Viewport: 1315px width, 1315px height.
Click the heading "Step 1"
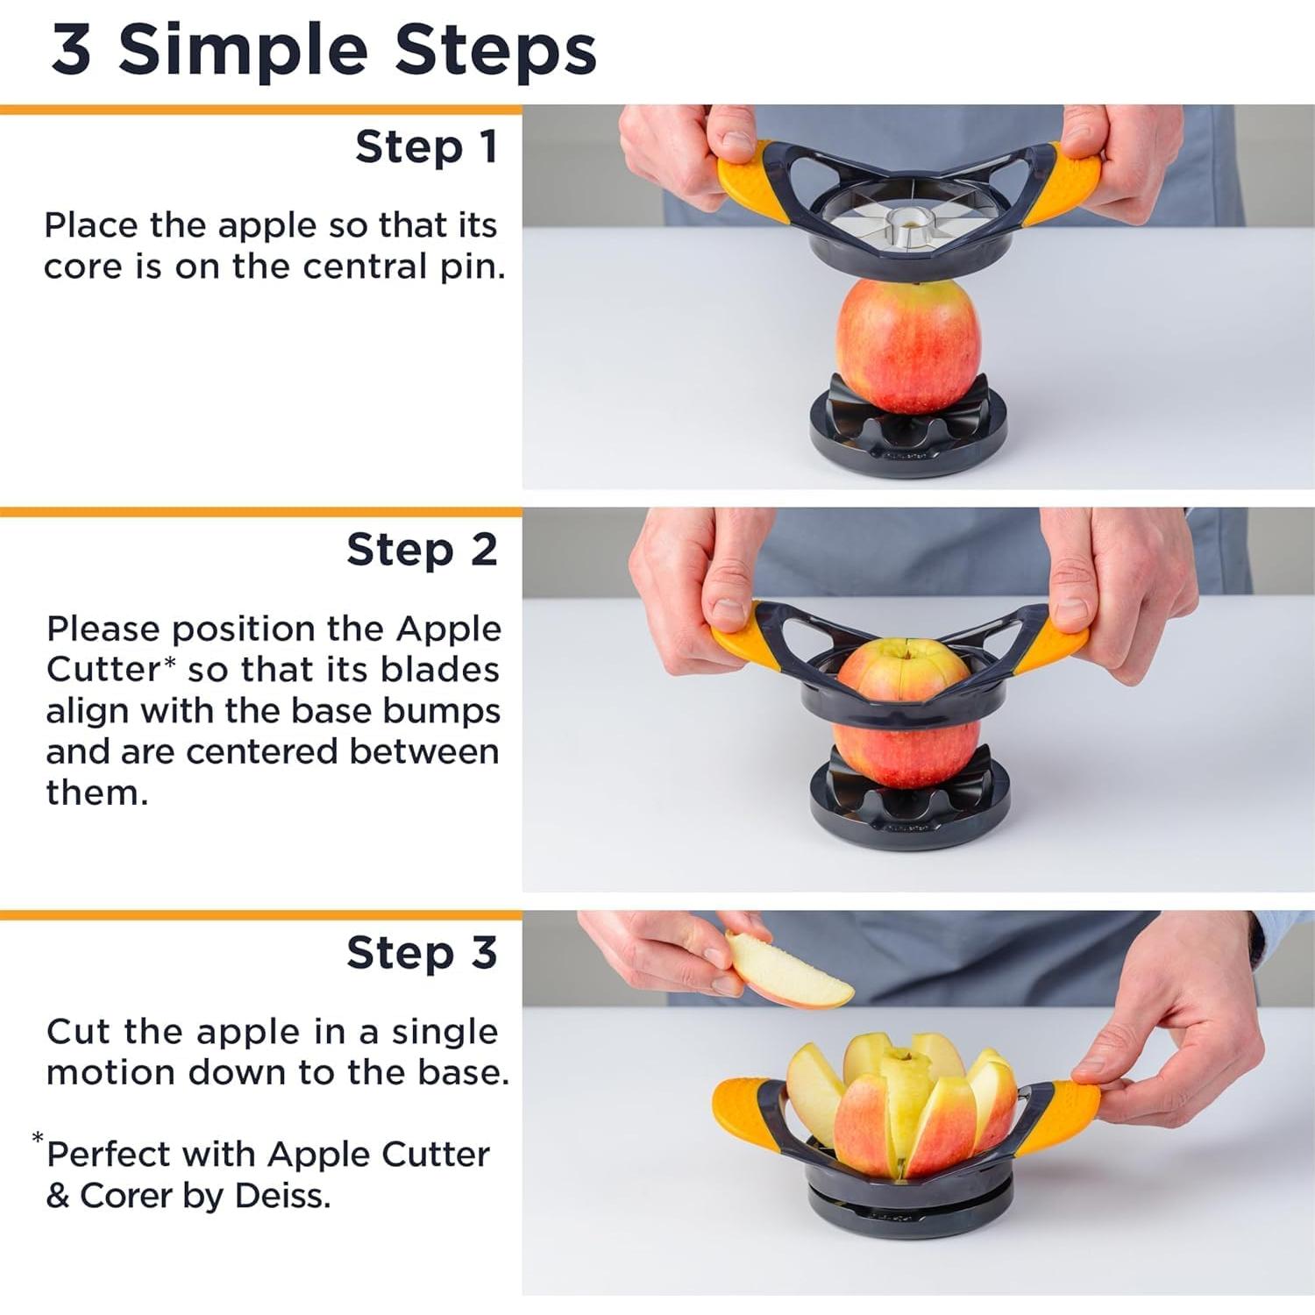[x=426, y=147]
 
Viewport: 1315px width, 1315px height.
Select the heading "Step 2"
[x=422, y=551]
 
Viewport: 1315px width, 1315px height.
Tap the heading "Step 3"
[x=422, y=953]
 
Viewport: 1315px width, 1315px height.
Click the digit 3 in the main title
[x=72, y=50]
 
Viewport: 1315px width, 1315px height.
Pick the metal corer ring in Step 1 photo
[x=907, y=227]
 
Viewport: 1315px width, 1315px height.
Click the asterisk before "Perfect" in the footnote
[x=38, y=1139]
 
